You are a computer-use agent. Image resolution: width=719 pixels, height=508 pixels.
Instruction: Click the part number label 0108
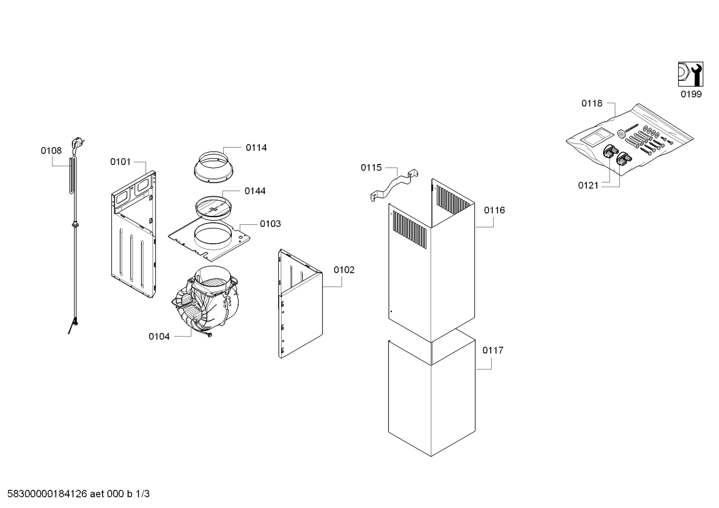[51, 150]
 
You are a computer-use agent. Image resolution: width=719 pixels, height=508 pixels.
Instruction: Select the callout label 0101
[120, 162]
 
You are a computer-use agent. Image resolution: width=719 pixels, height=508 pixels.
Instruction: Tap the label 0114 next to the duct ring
[256, 148]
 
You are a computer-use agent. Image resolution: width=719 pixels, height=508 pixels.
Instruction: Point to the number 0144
[255, 191]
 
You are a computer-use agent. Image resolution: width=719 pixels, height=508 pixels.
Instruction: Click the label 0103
[270, 224]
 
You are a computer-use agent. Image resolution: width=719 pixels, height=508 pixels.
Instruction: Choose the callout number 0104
[159, 337]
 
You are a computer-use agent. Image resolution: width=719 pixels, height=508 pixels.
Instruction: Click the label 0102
[344, 270]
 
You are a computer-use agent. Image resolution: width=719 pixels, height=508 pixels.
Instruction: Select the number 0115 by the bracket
[371, 168]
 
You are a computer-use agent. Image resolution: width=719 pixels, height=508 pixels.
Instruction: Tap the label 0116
[494, 210]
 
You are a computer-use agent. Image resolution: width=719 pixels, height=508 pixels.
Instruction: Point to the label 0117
[493, 350]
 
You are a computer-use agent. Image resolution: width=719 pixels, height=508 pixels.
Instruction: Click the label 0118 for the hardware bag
[592, 104]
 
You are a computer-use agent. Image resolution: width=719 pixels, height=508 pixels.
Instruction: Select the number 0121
[588, 185]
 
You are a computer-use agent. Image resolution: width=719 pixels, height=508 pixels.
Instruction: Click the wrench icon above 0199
[691, 74]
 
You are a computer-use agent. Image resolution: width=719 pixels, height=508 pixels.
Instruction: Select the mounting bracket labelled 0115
[394, 184]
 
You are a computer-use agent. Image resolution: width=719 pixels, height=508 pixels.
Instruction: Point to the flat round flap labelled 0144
[214, 206]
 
